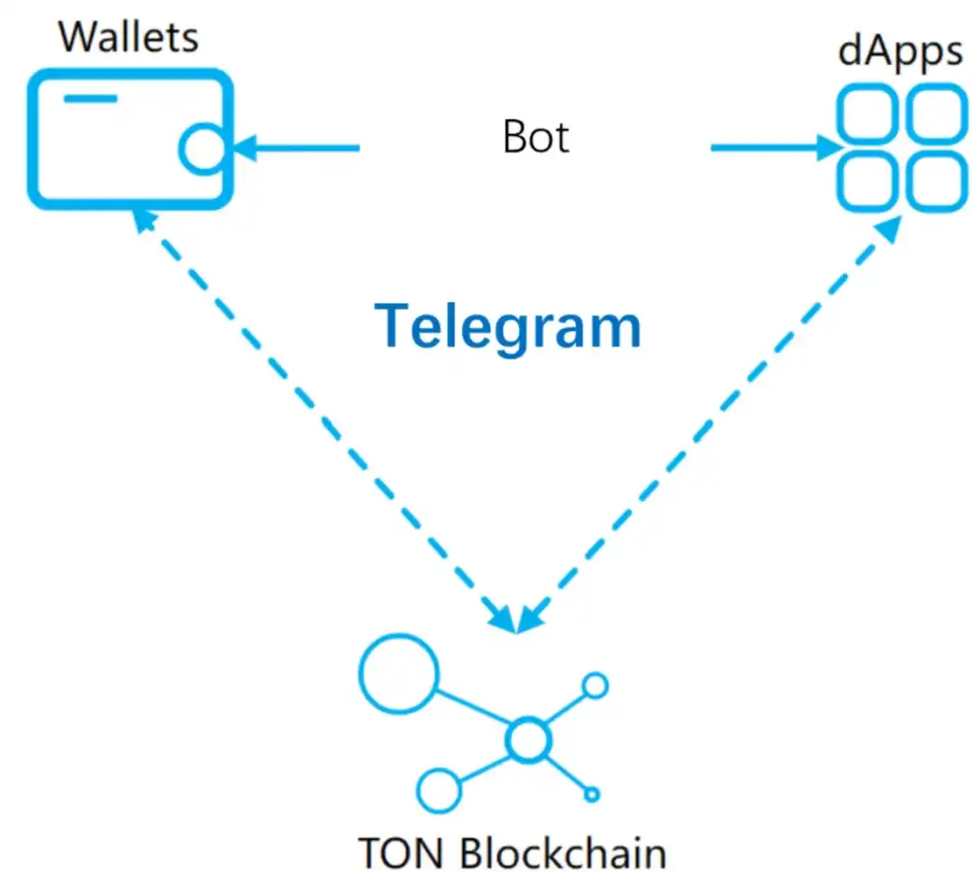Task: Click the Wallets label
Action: pyautogui.click(x=128, y=37)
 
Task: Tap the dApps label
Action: pyautogui.click(x=899, y=52)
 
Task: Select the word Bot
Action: pyautogui.click(x=536, y=138)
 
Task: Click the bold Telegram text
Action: pyautogui.click(x=507, y=325)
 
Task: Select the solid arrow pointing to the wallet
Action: pyautogui.click(x=297, y=147)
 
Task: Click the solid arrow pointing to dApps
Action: pyautogui.click(x=775, y=147)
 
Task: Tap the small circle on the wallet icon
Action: pyautogui.click(x=200, y=149)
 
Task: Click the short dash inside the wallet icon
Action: pyautogui.click(x=90, y=98)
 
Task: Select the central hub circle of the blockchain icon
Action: pyautogui.click(x=527, y=741)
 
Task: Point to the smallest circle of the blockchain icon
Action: pyautogui.click(x=592, y=795)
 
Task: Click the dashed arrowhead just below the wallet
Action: pyautogui.click(x=145, y=220)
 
